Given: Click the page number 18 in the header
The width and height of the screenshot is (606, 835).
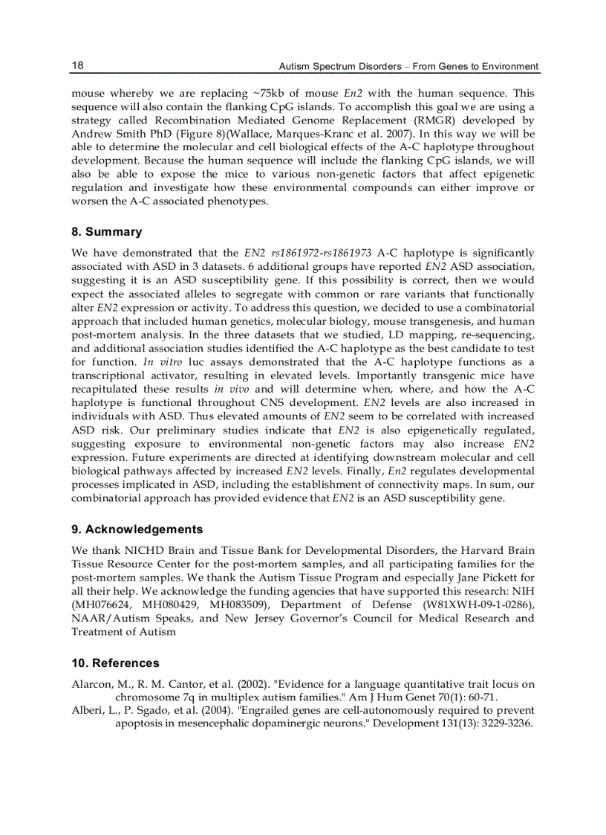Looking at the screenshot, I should tap(77, 65).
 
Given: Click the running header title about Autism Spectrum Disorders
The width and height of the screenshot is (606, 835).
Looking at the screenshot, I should tap(408, 66).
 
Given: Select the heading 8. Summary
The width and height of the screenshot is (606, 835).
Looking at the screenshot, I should tap(106, 232).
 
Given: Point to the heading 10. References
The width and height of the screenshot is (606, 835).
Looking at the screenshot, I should tap(115, 662).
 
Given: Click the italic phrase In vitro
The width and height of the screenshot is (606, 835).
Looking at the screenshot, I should tap(107, 362).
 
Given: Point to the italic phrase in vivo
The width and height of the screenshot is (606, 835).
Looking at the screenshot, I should tap(232, 389).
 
